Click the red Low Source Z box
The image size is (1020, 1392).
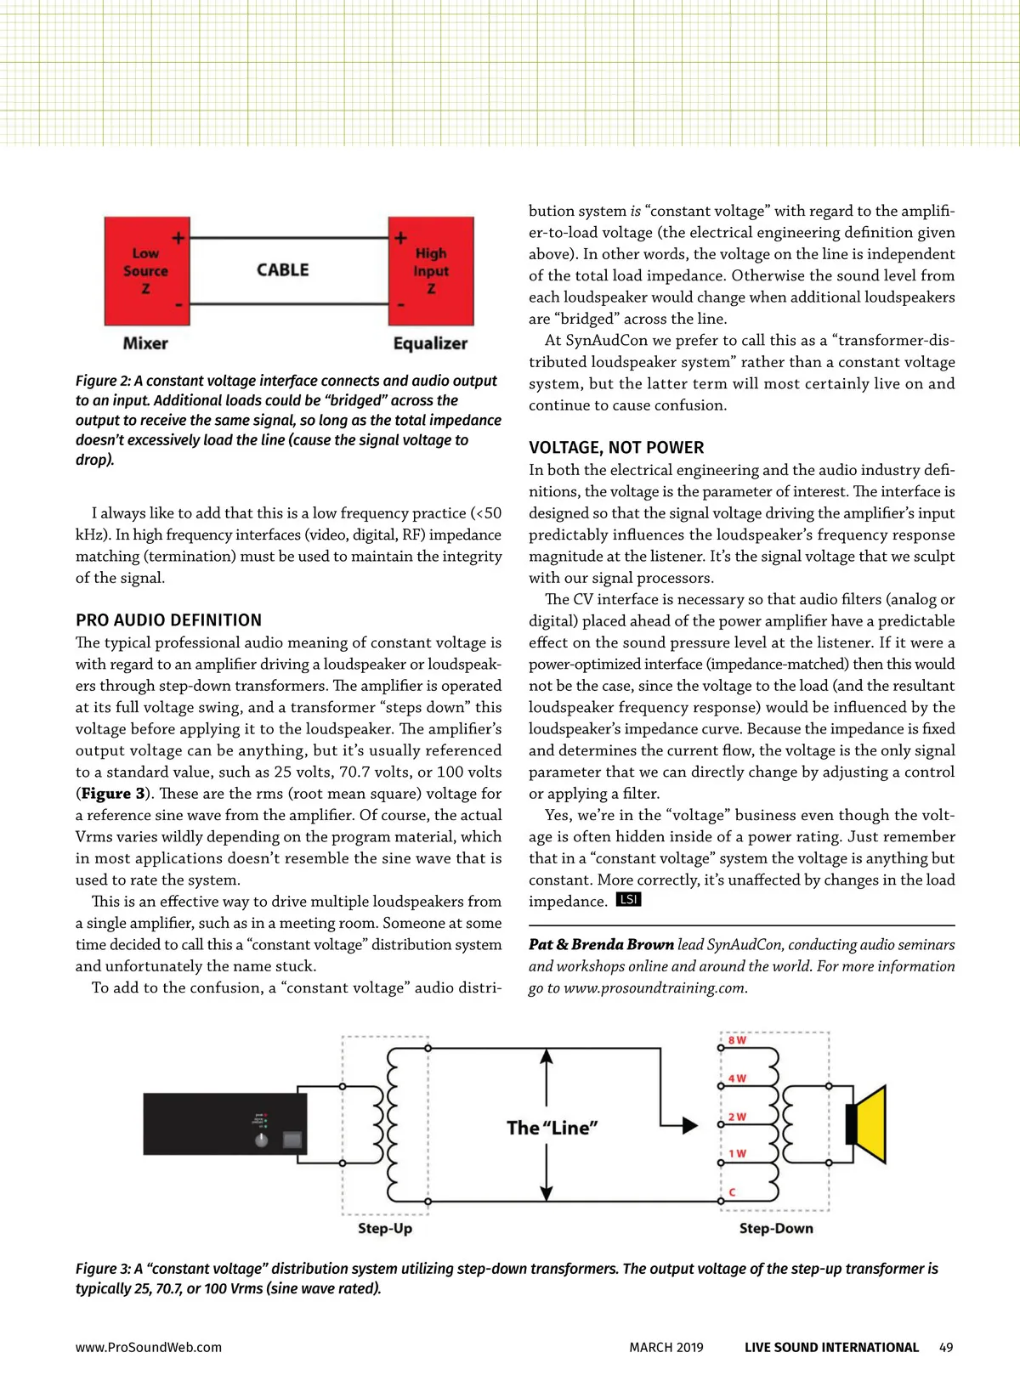146,271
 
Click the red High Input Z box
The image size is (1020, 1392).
431,271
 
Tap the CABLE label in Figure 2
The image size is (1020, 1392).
283,270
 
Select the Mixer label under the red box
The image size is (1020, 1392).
145,343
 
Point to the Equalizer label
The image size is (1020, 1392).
430,343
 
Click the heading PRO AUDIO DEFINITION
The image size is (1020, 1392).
168,620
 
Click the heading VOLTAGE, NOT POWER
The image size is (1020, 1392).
616,448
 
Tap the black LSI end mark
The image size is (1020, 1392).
628,900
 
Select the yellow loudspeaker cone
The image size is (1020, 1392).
871,1124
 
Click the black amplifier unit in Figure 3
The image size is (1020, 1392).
225,1123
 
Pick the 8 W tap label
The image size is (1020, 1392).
737,1040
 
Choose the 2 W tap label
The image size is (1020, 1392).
737,1117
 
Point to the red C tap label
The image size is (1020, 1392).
732,1192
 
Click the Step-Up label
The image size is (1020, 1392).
385,1229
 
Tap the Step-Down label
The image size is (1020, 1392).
776,1229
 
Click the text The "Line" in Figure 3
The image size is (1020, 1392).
552,1128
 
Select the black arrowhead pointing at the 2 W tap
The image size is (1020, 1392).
689,1126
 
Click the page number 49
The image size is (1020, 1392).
946,1348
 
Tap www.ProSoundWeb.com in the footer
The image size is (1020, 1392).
149,1348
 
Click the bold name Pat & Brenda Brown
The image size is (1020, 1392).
601,945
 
